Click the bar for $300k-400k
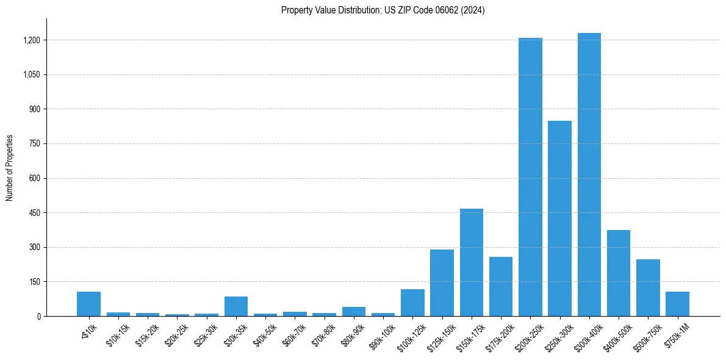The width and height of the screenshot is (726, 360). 589,175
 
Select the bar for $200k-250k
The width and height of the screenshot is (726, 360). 530,177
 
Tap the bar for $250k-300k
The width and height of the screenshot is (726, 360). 559,218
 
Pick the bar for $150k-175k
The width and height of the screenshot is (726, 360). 472,262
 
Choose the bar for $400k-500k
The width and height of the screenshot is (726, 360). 619,273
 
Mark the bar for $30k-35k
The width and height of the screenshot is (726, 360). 236,306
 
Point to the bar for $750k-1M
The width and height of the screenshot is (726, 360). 677,304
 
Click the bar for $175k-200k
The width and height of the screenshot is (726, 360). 501,286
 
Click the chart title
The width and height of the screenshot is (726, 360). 383,10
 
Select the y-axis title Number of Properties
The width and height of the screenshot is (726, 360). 10,168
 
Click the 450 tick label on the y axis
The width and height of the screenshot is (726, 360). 34,213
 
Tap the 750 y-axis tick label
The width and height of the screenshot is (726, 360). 34,144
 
